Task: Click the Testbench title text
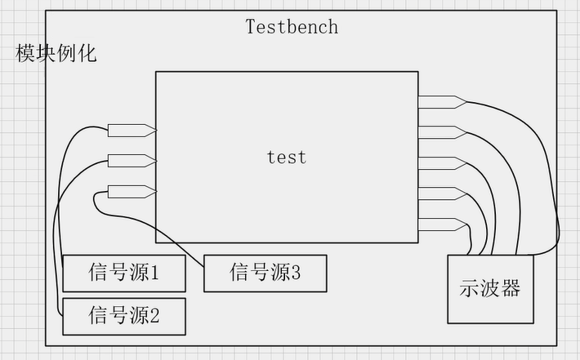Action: pyautogui.click(x=292, y=26)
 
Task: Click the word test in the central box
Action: pyautogui.click(x=287, y=156)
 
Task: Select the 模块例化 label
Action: pyautogui.click(x=56, y=55)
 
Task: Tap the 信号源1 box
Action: pyautogui.click(x=123, y=273)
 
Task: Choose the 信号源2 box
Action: pyautogui.click(x=123, y=316)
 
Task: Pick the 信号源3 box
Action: pyautogui.click(x=265, y=273)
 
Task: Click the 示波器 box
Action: pyautogui.click(x=490, y=288)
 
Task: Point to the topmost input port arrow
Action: pyautogui.click(x=132, y=130)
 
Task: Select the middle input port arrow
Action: pyautogui.click(x=132, y=160)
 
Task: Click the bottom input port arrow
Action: pyautogui.click(x=132, y=192)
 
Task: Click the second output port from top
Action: pyautogui.click(x=442, y=131)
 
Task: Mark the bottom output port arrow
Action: pyautogui.click(x=442, y=223)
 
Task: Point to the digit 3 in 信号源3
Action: pyautogui.click(x=296, y=273)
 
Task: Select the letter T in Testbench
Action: pyautogui.click(x=251, y=26)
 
